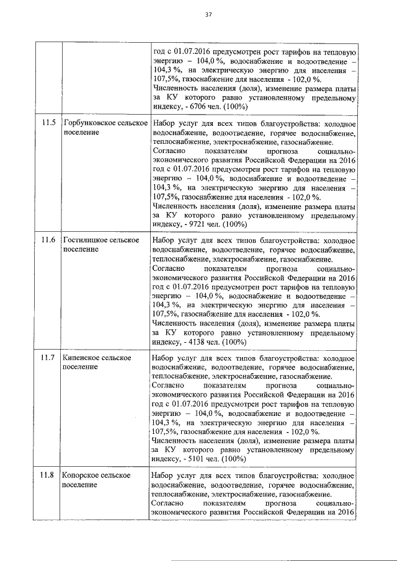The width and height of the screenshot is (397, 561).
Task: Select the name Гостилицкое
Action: point(86,240)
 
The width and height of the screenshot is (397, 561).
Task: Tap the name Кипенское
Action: point(83,358)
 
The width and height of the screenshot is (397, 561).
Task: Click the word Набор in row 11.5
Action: point(164,123)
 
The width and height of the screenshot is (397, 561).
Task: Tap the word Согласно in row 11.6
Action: point(168,270)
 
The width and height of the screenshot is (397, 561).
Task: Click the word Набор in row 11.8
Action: point(164,475)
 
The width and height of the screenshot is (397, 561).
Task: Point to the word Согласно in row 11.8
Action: point(168,505)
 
